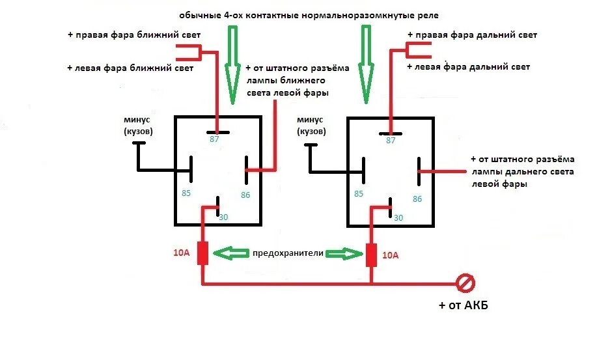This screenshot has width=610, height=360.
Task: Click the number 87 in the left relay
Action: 215,139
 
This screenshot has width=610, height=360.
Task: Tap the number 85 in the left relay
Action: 186,193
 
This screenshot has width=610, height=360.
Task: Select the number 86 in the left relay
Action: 245,195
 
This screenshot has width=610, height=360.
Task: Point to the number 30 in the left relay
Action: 223,217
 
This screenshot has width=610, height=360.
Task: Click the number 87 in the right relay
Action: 391,141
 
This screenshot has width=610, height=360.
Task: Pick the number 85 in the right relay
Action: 359,194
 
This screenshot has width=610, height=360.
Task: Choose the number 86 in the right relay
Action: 417,199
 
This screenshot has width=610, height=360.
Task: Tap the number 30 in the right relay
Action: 398,217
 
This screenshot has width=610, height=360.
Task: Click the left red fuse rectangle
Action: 202,253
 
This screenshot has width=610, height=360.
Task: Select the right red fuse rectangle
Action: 372,254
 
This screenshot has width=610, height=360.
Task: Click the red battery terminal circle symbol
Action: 466,283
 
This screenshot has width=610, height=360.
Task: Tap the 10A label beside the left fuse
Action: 181,253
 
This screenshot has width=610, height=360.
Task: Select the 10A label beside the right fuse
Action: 391,255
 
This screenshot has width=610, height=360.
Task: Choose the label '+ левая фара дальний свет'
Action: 468,67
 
